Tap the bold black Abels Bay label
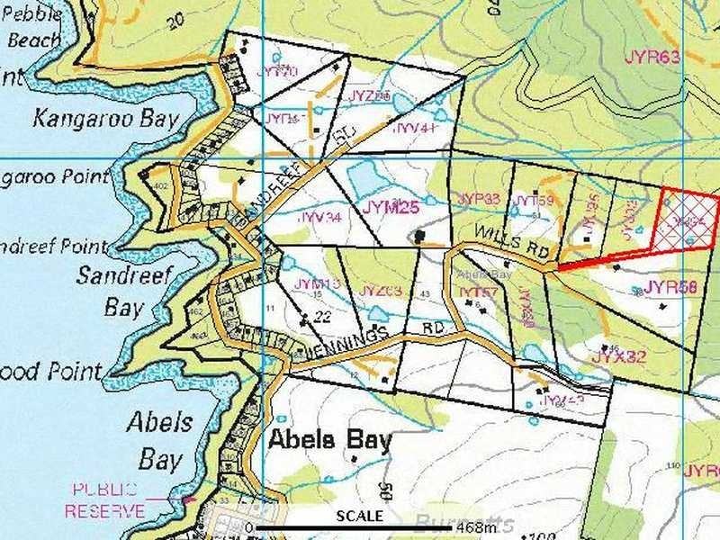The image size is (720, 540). (x=331, y=440)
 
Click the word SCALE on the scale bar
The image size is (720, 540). (x=360, y=517)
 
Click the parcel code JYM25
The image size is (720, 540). (x=391, y=207)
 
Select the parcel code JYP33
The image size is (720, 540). (x=478, y=198)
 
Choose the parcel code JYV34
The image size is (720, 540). (x=319, y=217)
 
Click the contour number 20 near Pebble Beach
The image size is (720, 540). (x=174, y=19)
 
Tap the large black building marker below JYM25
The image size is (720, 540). (x=419, y=236)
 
